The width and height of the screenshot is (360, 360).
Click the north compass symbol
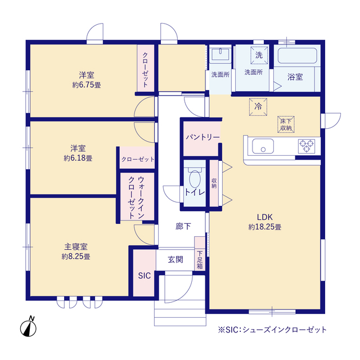coord(30,326)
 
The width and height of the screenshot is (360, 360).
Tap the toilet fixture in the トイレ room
coord(195,179)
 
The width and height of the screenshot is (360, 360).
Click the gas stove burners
coord(307,146)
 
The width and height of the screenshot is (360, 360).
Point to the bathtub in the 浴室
coord(298,57)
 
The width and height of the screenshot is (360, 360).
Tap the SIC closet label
coord(144,276)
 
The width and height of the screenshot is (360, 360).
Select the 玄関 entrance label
coord(175,259)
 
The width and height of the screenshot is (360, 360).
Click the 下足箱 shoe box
coord(200,259)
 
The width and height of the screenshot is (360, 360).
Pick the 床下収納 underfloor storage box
coord(285,124)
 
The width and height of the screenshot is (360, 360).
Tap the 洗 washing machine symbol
coord(259,55)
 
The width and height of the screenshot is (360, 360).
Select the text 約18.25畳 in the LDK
coord(265,227)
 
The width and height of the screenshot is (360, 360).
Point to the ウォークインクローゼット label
coord(135,197)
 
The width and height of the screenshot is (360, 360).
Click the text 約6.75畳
coord(87,85)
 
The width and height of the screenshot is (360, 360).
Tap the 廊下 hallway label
coord(183,227)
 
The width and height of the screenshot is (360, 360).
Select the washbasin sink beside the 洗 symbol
coord(220,56)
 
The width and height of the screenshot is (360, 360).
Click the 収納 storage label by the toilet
coord(214,183)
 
